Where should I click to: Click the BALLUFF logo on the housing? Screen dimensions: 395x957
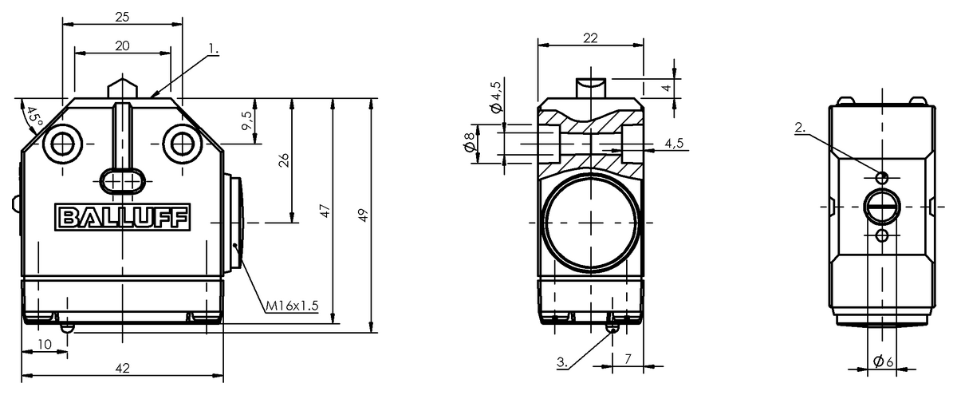[x=122, y=216]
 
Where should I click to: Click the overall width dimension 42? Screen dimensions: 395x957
[x=122, y=368]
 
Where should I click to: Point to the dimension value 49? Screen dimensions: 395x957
[x=364, y=215]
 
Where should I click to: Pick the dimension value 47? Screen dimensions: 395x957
[x=325, y=211]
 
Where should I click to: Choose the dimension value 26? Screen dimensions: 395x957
[x=285, y=160]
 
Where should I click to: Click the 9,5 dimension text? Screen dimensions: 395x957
[x=247, y=121]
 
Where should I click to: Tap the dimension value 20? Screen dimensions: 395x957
[x=122, y=46]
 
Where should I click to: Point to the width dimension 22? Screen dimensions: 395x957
[x=590, y=38]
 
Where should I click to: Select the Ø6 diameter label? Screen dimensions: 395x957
[x=883, y=361]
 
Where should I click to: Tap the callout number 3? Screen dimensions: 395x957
[x=562, y=362]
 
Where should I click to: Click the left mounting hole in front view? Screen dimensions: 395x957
[x=62, y=144]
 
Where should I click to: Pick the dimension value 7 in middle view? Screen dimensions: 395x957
[x=628, y=360]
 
